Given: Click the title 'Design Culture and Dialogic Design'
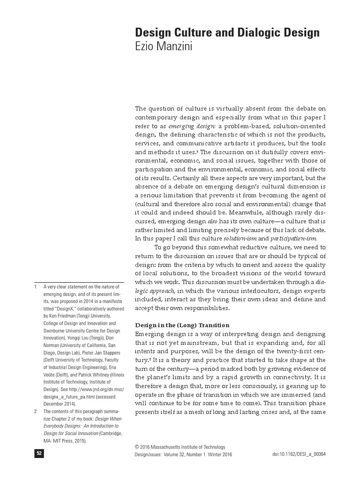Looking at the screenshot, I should click(227, 32).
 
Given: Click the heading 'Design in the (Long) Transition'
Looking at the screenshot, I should click(182, 325).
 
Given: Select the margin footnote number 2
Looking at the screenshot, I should click(35, 411).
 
